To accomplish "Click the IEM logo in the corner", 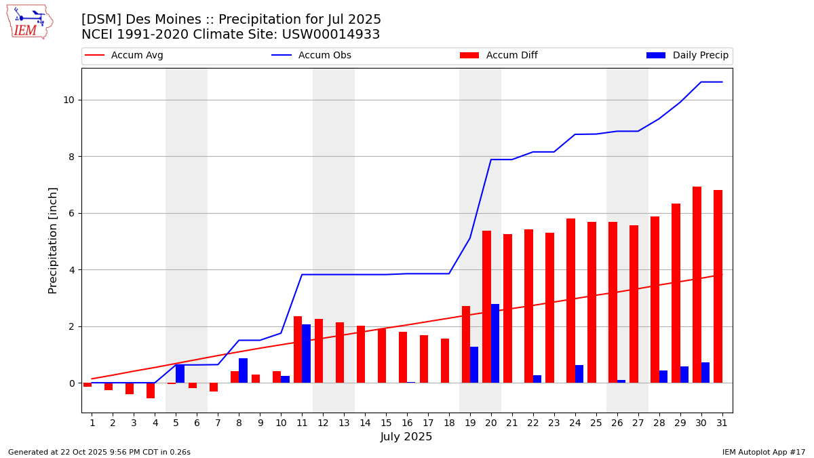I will pyautogui.click(x=29, y=22).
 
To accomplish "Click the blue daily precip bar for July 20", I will pyautogui.click(x=495, y=343).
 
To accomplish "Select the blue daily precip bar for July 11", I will pyautogui.click(x=307, y=354).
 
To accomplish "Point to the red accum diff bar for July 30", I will pyautogui.click(x=697, y=285).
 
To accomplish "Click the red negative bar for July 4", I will pyautogui.click(x=151, y=390).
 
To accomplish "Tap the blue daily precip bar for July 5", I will pyautogui.click(x=180, y=374).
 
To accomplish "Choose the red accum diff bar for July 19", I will pyautogui.click(x=466, y=345).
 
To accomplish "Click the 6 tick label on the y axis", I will pyautogui.click(x=71, y=213).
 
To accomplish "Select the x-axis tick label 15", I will pyautogui.click(x=386, y=423).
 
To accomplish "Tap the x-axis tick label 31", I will pyautogui.click(x=722, y=423).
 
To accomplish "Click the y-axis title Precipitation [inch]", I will pyautogui.click(x=53, y=240).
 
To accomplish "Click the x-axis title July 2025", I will pyautogui.click(x=406, y=437).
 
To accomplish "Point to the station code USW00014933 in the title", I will pyautogui.click(x=339, y=35).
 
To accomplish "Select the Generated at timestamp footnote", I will pyautogui.click(x=99, y=452).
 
